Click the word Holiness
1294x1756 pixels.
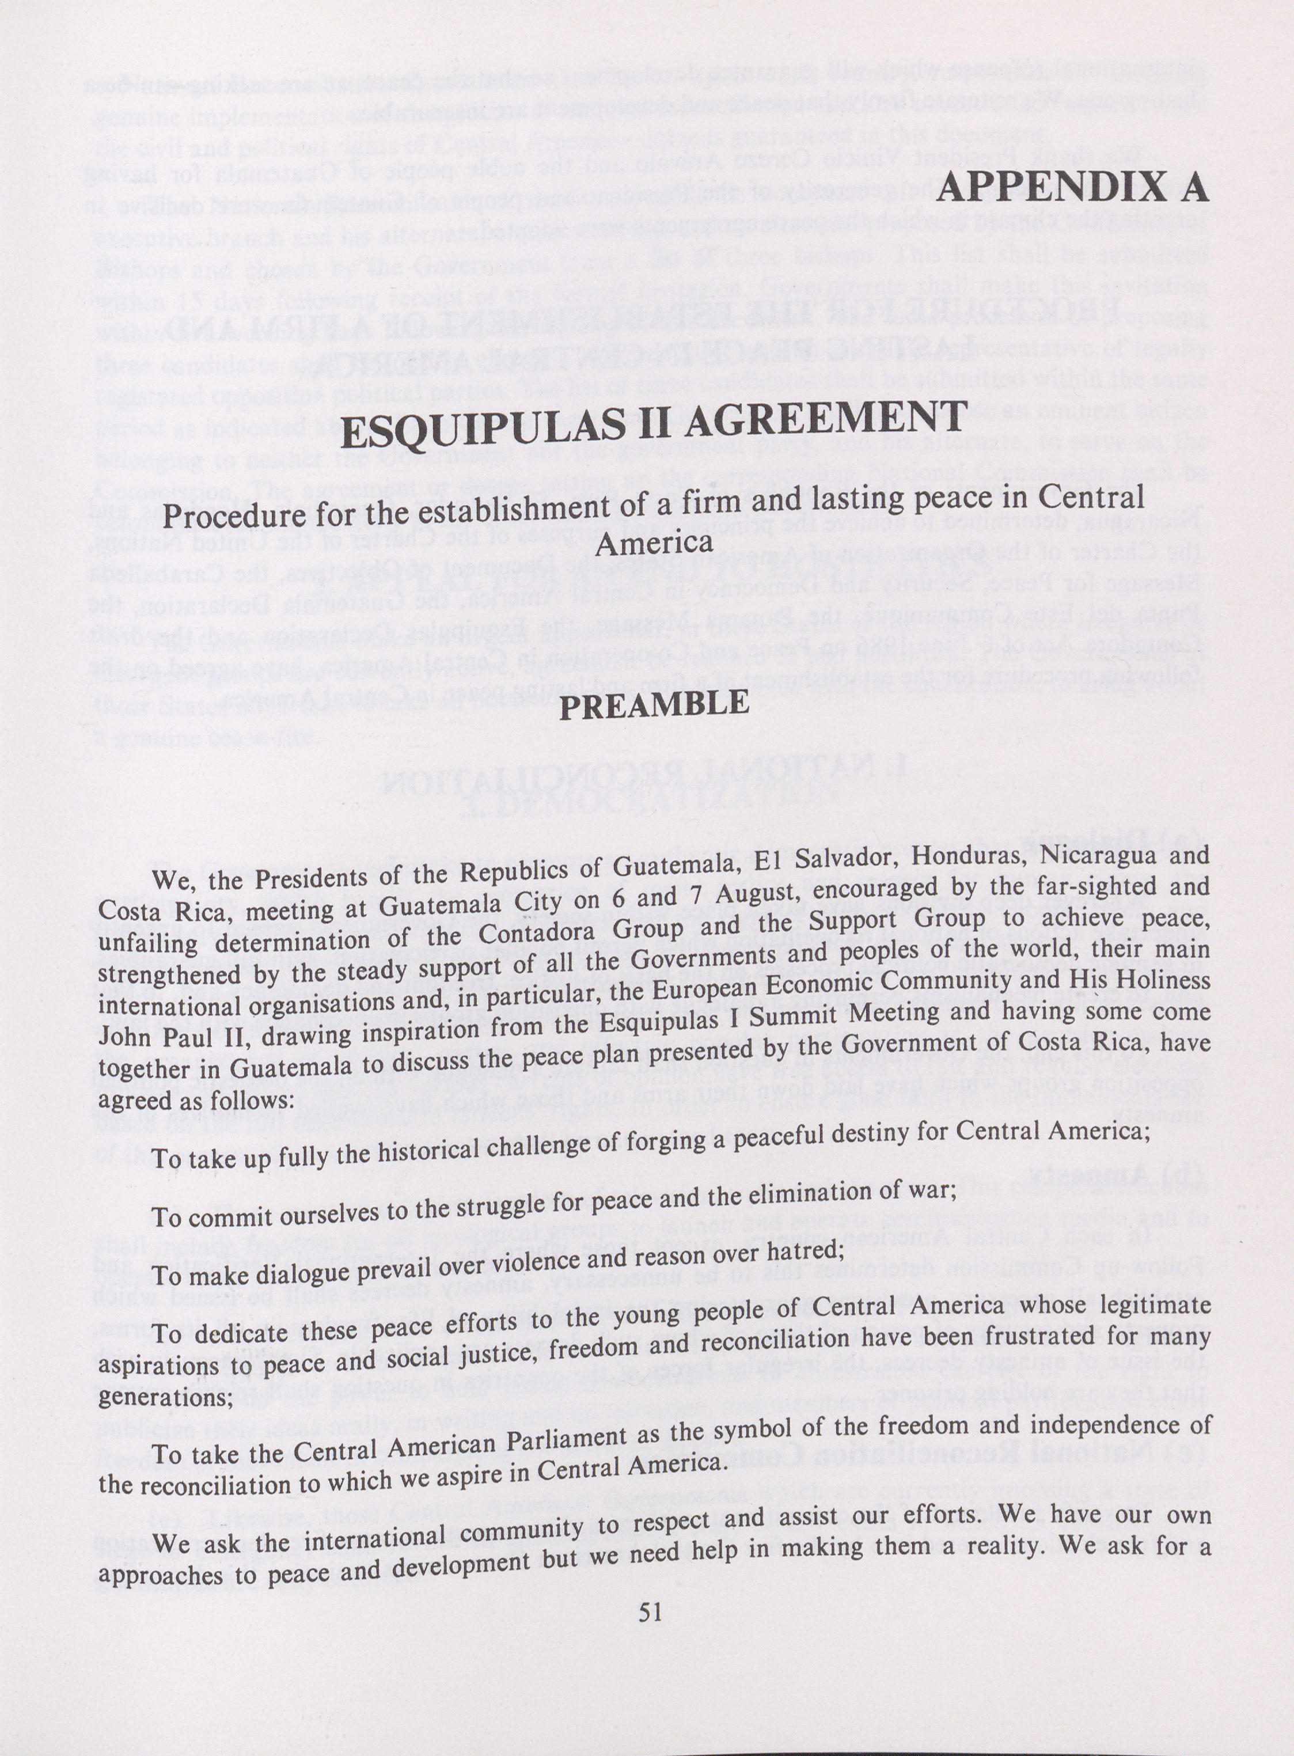pyautogui.click(x=1163, y=980)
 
